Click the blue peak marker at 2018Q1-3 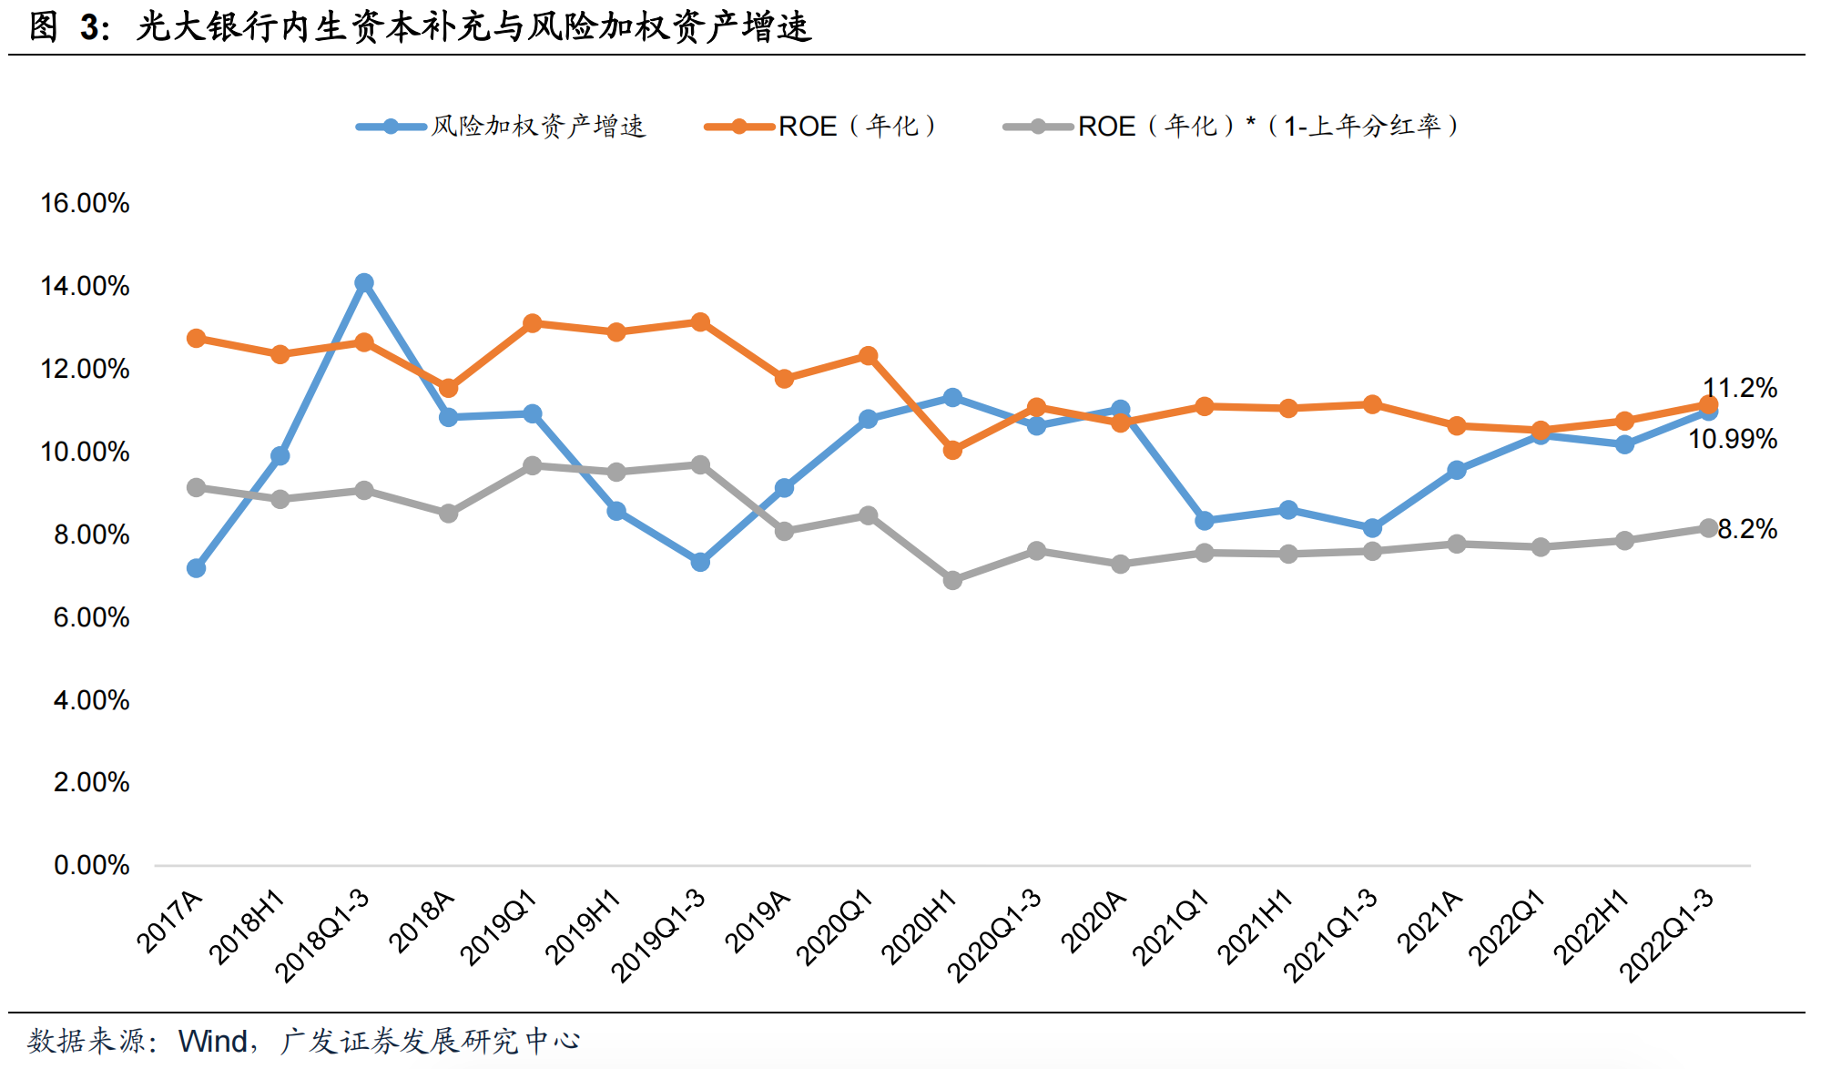(x=364, y=283)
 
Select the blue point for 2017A (x=196, y=568)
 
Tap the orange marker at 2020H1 (x=952, y=450)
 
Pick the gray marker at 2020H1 (x=952, y=580)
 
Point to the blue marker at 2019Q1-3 (x=700, y=562)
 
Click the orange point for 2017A (x=196, y=339)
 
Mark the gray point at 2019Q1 (x=533, y=466)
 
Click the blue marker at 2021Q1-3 (x=1372, y=528)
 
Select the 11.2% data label (x=1739, y=388)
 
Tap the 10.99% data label (x=1732, y=439)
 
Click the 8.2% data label (x=1746, y=529)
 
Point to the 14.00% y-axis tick (x=85, y=286)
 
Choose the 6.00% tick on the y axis (x=91, y=617)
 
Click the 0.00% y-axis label (x=91, y=865)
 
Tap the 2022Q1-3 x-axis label (x=1666, y=935)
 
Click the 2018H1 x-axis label (x=247, y=926)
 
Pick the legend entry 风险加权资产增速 (x=537, y=127)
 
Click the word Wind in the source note (x=213, y=1041)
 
